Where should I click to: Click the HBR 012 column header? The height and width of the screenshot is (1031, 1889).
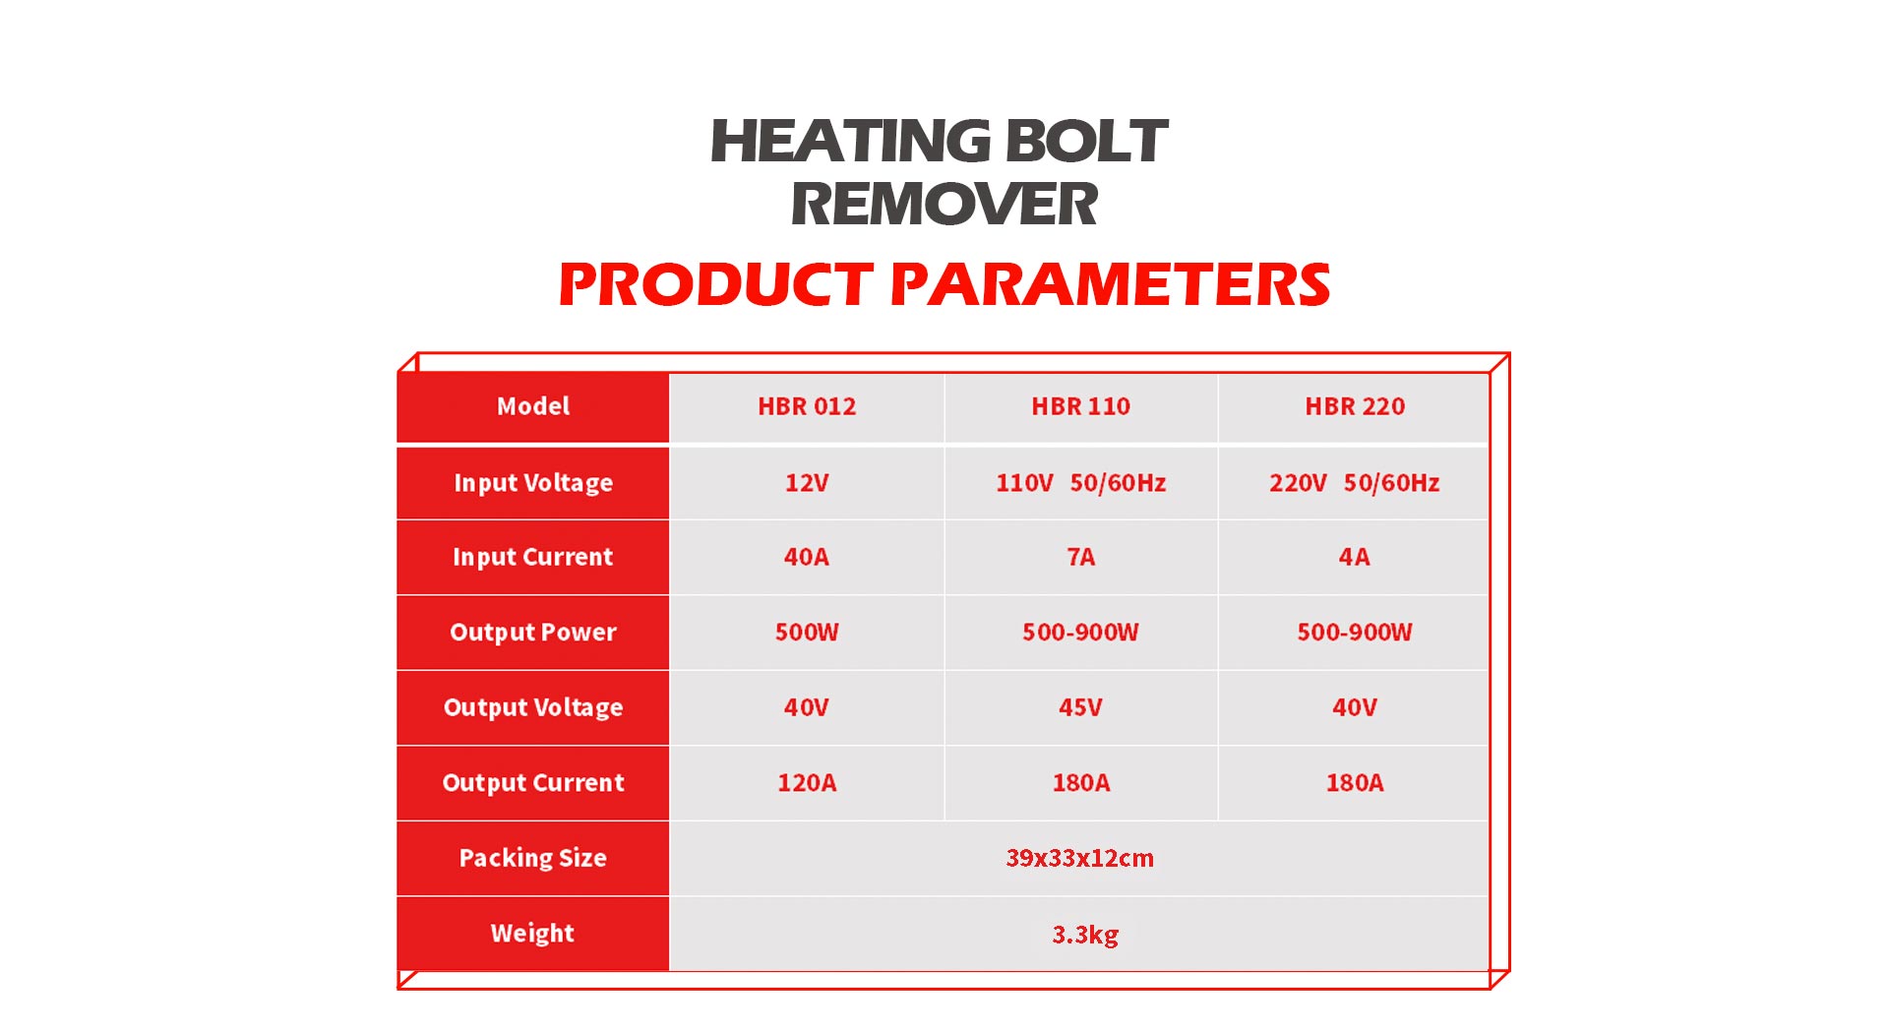(x=807, y=406)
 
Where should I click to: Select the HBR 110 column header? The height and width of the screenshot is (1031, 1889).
(x=1080, y=406)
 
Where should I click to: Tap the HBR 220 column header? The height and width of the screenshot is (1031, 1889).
(x=1355, y=406)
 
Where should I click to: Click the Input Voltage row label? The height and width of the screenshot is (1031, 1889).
(x=533, y=483)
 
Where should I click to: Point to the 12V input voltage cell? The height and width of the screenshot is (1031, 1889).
(x=807, y=483)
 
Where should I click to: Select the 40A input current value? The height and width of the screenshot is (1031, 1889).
(x=807, y=557)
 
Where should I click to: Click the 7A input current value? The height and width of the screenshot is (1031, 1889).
(x=1080, y=557)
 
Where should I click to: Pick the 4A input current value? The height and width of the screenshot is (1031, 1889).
(x=1354, y=557)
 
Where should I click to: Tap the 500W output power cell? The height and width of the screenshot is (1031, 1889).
(x=807, y=632)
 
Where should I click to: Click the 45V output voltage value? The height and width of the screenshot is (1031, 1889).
(x=1080, y=707)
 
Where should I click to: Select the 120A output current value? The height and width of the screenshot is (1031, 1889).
(x=807, y=783)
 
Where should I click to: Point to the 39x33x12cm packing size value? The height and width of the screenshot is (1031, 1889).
(x=1079, y=858)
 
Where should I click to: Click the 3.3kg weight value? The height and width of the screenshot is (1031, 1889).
(x=1085, y=934)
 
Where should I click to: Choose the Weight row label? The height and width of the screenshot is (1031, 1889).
(x=532, y=933)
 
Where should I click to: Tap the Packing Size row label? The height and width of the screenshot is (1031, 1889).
(x=532, y=858)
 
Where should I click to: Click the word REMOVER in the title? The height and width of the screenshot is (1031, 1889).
(x=944, y=205)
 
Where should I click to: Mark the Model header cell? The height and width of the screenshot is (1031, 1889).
(x=533, y=406)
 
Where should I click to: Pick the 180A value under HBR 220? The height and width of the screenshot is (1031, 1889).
(x=1355, y=783)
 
